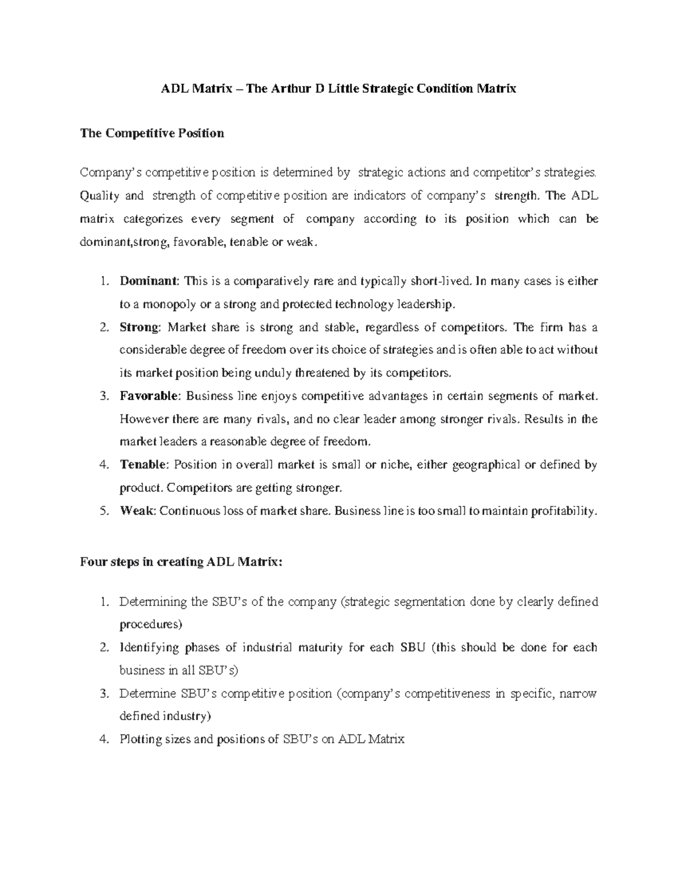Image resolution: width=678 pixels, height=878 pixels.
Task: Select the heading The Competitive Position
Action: coord(152,133)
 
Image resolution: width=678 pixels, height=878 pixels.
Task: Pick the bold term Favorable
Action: coord(149,396)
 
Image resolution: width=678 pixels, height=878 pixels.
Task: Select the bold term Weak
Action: coord(137,511)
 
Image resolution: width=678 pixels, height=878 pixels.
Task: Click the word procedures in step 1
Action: coord(151,625)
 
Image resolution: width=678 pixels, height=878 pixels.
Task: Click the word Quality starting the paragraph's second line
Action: coord(99,196)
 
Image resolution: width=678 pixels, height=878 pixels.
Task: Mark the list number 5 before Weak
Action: coord(103,511)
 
